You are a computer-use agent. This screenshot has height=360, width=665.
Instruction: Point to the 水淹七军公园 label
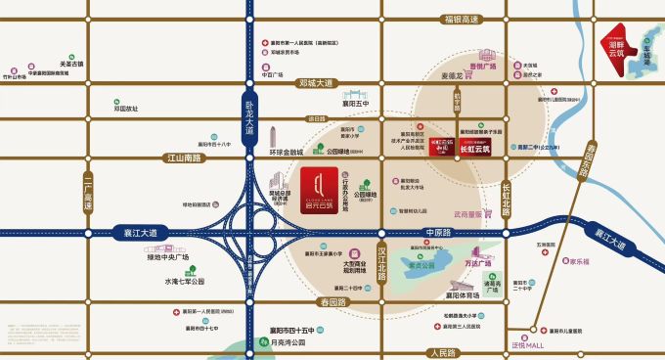(x=184, y=281)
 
